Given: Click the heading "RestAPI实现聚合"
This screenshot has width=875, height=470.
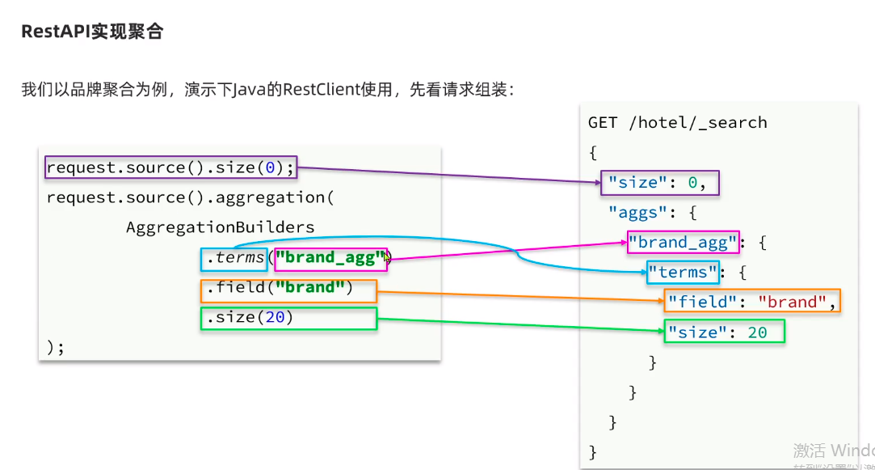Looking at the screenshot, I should click(92, 32).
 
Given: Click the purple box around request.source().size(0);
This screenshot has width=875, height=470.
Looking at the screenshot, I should click(170, 168).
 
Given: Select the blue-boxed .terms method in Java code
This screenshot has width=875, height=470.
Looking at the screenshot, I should click(234, 259).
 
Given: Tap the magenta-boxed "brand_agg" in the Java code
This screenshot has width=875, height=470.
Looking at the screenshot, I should click(330, 259).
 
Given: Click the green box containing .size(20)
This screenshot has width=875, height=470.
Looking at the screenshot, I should click(288, 319).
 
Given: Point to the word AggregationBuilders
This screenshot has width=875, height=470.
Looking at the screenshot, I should click(220, 227).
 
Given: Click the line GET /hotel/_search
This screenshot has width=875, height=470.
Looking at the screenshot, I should click(677, 123).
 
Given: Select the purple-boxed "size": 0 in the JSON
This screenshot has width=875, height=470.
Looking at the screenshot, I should click(659, 183).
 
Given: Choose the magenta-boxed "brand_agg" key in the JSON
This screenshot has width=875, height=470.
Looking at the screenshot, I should click(683, 242).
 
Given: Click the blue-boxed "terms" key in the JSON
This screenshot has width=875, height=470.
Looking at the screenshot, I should click(683, 272).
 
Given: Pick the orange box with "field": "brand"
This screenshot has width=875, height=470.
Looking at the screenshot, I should click(751, 302).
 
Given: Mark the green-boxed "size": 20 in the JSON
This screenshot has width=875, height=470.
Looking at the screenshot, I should click(724, 332).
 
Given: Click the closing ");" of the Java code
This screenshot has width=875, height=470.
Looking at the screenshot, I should click(55, 347).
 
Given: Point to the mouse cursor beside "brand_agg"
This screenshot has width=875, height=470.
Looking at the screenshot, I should click(388, 257).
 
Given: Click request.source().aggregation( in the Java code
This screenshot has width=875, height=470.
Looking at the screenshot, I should click(190, 197).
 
